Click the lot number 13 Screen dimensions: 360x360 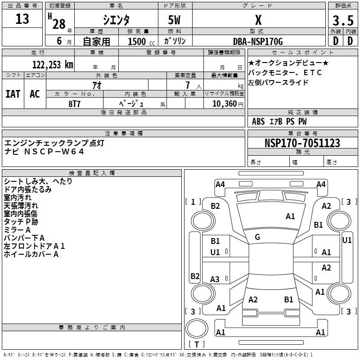point(22,19)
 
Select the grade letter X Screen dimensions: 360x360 point(258,20)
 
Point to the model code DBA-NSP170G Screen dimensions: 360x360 point(258,41)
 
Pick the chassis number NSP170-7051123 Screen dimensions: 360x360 point(302,143)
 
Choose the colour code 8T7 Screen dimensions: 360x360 point(74,103)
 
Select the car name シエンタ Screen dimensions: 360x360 point(116,20)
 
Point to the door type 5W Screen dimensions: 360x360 point(175,20)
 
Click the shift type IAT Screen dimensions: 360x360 point(13,94)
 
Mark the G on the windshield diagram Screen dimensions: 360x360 point(257,237)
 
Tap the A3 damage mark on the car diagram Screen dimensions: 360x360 point(215,279)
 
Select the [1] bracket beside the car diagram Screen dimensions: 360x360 point(193,202)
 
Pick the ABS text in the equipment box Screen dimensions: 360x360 point(258,121)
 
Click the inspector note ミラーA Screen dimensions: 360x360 point(18,230)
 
